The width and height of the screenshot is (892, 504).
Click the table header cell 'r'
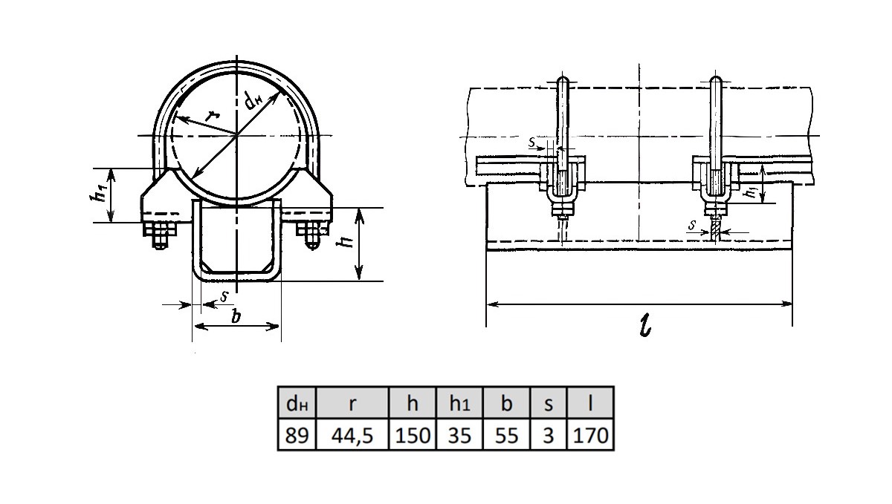click(353, 404)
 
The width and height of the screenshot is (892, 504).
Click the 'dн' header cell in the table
click(297, 404)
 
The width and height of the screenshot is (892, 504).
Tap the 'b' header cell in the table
click(506, 404)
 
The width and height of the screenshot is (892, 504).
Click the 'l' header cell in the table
click(590, 404)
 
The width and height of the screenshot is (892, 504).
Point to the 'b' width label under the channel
click(236, 317)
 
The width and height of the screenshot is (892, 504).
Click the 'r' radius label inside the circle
click(213, 115)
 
